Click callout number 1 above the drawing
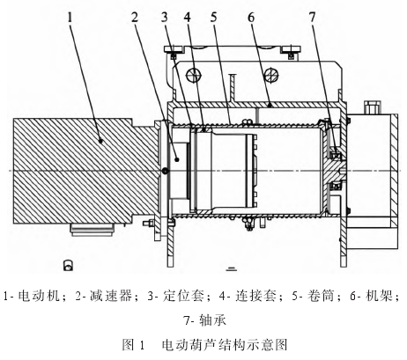(x=70, y=18)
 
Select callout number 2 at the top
(x=135, y=18)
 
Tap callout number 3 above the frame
(x=165, y=18)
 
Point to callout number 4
(x=188, y=18)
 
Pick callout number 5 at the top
(x=214, y=18)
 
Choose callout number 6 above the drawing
(x=250, y=18)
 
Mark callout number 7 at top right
(x=312, y=18)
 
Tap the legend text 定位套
(x=184, y=296)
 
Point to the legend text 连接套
(x=256, y=296)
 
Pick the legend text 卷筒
(x=322, y=296)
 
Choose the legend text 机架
(x=380, y=296)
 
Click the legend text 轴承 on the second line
(x=213, y=320)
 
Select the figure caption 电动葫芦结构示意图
(x=225, y=344)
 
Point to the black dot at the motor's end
(x=166, y=171)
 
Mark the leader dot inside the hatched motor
(x=101, y=141)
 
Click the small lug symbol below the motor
(x=68, y=265)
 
